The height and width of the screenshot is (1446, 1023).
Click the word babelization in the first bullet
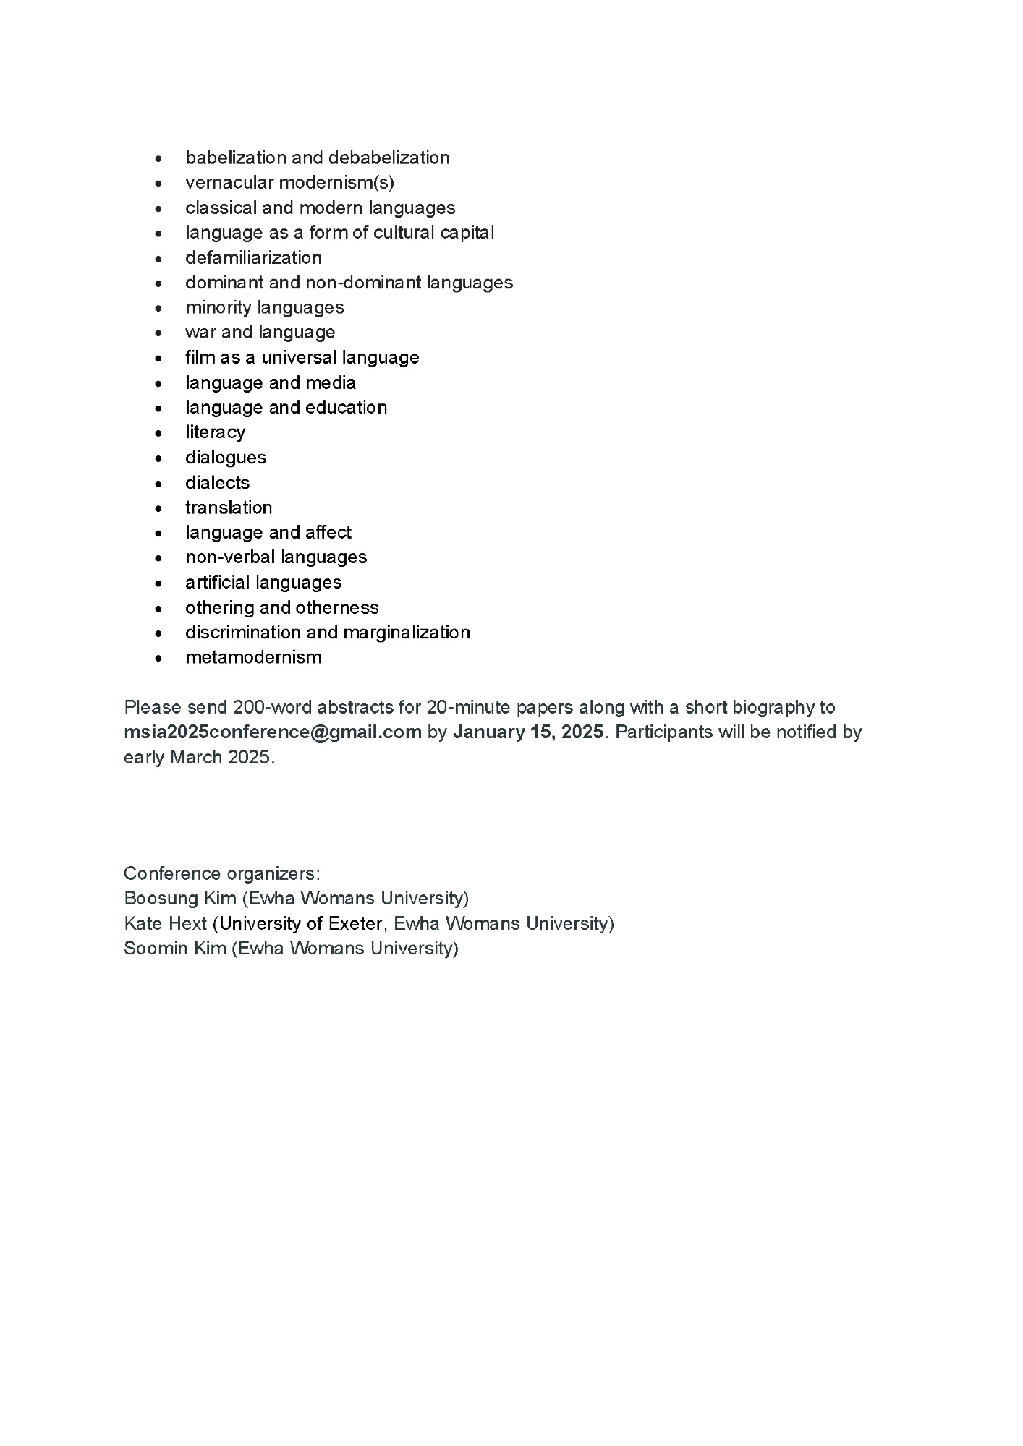[235, 158]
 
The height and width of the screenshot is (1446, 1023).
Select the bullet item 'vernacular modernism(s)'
[289, 182]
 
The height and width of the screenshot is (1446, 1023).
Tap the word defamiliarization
[253, 257]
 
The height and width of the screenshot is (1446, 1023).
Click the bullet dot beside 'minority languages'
[159, 308]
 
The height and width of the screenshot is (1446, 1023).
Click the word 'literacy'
[215, 432]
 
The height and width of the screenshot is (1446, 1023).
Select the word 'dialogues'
[226, 458]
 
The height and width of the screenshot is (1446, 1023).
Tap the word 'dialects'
[217, 482]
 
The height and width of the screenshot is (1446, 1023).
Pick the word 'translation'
[229, 508]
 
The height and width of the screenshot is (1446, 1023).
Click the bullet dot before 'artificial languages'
[159, 583]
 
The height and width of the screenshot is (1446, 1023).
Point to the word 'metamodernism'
[253, 657]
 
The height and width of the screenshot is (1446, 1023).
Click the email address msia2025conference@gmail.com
[273, 732]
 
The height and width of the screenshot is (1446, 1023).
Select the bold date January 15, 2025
[528, 732]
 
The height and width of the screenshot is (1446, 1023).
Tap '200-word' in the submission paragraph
[266, 707]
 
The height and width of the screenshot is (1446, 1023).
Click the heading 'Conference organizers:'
[222, 873]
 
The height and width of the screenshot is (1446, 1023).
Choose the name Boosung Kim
[180, 898]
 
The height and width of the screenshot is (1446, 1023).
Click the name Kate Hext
[166, 923]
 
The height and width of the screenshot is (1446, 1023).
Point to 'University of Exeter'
[301, 923]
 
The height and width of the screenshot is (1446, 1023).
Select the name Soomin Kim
[175, 948]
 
